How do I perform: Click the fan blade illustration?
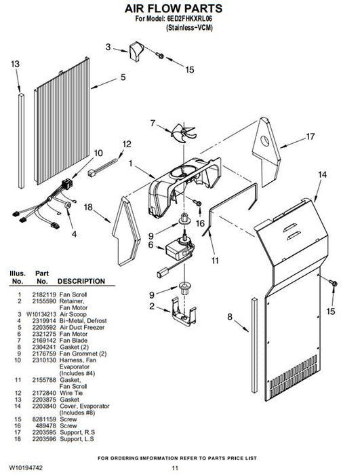pos(184,134)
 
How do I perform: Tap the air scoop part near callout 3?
pos(136,51)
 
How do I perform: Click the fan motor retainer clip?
pos(184,312)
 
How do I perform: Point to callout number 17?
pos(311,137)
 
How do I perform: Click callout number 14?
pos(322,174)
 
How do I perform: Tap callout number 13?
pos(15,64)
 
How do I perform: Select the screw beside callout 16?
pos(198,204)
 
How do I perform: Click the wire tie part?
pos(102,168)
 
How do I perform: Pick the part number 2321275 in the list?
pos(45,334)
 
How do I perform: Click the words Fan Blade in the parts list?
pos(74,341)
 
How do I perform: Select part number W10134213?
pos(41,314)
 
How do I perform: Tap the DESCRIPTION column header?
pos(81,281)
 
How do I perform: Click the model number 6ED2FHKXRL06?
pos(189,18)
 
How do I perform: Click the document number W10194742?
pos(26,468)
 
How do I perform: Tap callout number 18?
pos(88,207)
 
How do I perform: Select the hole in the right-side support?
pos(265,141)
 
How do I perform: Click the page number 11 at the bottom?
pos(175,468)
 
